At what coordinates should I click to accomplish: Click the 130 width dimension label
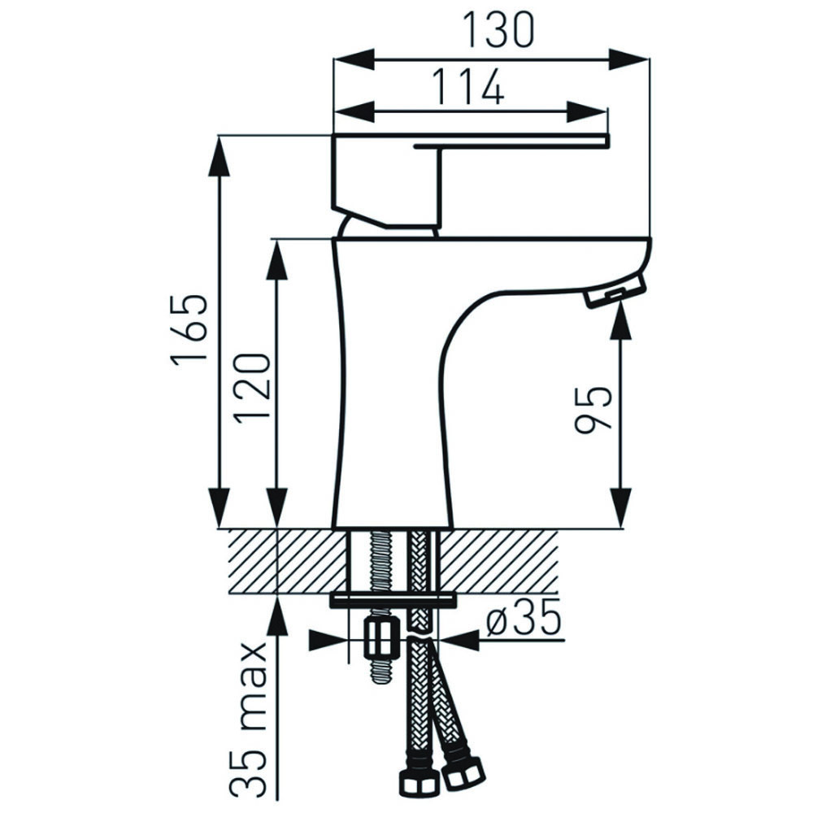coord(498,30)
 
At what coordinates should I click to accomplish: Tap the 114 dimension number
coord(468,86)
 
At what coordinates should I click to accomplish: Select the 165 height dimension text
coord(189,331)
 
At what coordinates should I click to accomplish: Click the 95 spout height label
coord(593,410)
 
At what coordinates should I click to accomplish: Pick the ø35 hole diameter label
coord(524,618)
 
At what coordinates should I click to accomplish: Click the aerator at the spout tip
coord(615,293)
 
